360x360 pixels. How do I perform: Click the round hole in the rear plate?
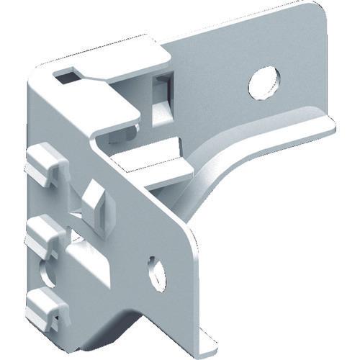pos(264,82)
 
